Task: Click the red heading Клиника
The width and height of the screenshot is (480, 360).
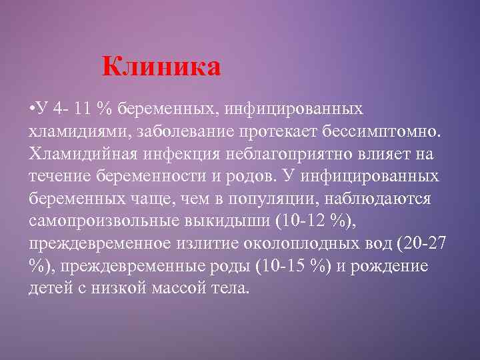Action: pyautogui.click(x=161, y=67)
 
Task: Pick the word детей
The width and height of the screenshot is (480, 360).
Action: pyautogui.click(x=48, y=290)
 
